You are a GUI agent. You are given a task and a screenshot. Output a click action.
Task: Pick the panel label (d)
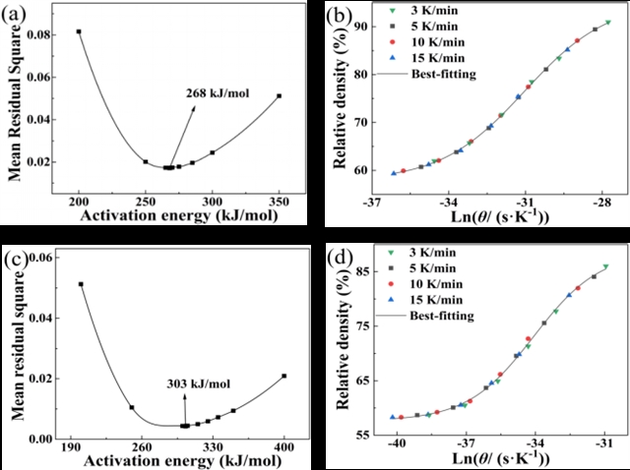pyautogui.click(x=340, y=260)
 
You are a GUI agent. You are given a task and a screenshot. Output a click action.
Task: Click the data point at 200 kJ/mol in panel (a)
pyautogui.click(x=79, y=31)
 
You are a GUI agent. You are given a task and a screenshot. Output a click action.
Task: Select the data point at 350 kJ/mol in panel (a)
pyautogui.click(x=279, y=95)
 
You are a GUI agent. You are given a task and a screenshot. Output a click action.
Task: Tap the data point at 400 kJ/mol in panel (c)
pyautogui.click(x=283, y=376)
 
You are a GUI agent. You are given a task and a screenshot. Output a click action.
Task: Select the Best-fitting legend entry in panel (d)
pyautogui.click(x=440, y=315)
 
